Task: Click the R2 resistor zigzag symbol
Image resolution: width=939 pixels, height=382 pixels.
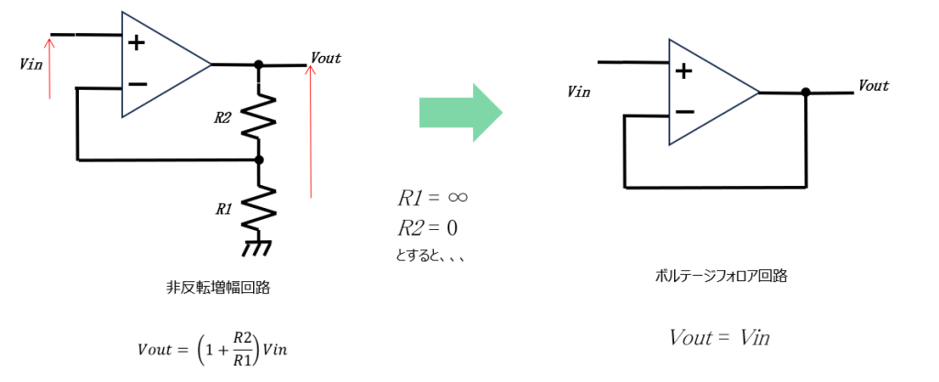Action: pos(259,117)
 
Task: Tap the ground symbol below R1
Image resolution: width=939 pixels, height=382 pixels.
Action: pos(259,248)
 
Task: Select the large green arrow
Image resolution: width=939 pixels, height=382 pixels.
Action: pos(460,112)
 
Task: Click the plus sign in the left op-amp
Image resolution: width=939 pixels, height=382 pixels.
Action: pos(137,42)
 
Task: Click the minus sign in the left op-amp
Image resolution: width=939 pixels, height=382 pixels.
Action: pos(138,84)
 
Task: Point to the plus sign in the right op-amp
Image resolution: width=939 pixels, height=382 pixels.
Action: pos(683,71)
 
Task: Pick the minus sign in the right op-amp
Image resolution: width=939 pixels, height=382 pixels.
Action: pos(684,112)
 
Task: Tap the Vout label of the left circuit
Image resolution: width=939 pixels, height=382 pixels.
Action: pos(326,58)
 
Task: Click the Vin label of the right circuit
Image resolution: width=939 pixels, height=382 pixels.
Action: pos(579,92)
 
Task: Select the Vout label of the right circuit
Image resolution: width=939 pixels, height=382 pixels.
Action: pos(873,85)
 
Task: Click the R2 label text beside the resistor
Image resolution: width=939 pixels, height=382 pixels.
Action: pos(223,117)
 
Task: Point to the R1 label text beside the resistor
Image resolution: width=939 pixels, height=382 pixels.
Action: pos(223,209)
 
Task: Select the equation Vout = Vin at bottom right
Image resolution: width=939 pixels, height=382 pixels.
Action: pos(719,337)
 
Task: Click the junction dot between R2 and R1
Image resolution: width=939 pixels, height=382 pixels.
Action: pos(259,160)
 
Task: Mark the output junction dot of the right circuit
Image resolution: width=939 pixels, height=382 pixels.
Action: pos(805,93)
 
